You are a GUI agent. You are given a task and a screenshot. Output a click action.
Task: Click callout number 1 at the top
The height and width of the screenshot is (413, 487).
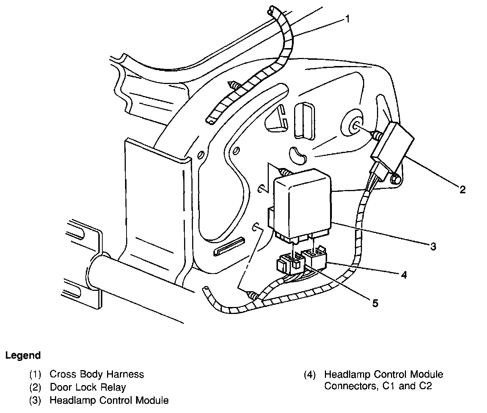tap(347, 19)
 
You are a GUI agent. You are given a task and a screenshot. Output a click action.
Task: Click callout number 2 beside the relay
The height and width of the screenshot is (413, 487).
tap(462, 189)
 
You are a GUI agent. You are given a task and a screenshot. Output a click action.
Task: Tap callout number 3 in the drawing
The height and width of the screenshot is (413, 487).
tap(433, 246)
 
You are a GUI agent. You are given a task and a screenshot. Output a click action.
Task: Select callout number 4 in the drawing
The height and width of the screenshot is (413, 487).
tap(404, 274)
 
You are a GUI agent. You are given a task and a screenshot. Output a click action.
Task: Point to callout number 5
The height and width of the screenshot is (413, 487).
tap(375, 303)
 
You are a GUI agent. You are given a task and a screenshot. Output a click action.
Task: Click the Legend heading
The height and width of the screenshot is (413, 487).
tap(23, 355)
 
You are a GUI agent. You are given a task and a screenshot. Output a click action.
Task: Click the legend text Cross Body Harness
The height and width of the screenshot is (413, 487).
tap(96, 374)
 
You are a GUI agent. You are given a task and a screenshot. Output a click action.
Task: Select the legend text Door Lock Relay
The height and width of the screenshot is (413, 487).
tap(88, 387)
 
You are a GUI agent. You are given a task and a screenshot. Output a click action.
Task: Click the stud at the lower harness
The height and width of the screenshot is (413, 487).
tap(253, 295)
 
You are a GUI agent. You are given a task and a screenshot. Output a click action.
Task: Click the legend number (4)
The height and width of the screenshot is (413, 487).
tap(309, 375)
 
